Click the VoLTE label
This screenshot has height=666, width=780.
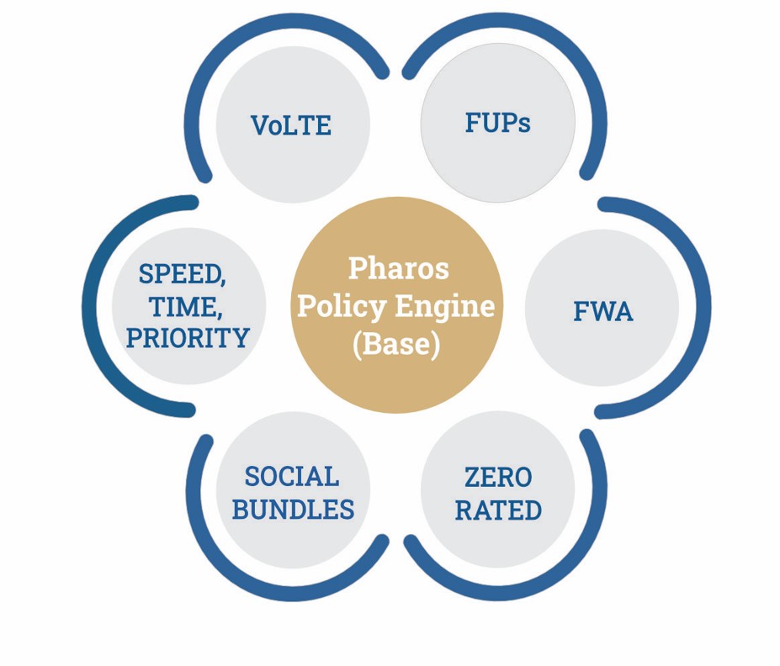pos(291,126)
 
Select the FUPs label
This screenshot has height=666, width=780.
pos(497,123)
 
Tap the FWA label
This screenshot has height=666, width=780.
pos(602,312)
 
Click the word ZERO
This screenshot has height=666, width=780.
pos(498,478)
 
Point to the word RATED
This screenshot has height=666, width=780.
pos(498,510)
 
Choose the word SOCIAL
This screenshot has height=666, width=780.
pos(292,477)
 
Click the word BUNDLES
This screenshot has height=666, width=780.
pos(293,510)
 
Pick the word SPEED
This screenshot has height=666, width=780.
pos(182,274)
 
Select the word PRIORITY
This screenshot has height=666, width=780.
pos(188,338)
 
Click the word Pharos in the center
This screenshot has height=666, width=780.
pos(398,268)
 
